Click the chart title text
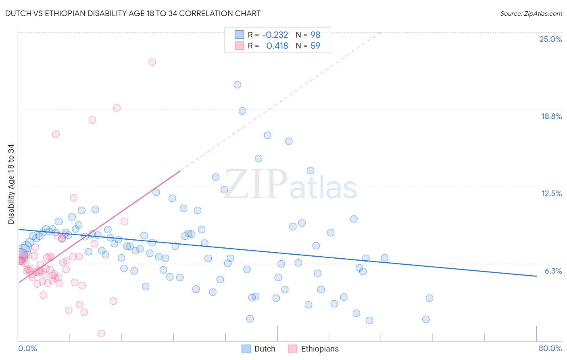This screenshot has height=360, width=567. [133, 13]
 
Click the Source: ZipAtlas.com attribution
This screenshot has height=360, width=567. [531, 13]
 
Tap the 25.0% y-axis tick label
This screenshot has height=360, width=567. [550, 39]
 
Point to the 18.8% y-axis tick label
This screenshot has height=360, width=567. [551, 116]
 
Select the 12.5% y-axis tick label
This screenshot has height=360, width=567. [551, 193]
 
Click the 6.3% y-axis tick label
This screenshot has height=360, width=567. [553, 271]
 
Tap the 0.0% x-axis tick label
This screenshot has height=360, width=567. [27, 348]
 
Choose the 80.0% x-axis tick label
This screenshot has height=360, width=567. [550, 348]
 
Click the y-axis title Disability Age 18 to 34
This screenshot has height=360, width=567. [11, 184]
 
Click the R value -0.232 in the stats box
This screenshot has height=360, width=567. [275, 35]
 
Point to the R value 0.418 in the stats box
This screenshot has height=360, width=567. [277, 46]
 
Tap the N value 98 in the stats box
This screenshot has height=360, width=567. [315, 35]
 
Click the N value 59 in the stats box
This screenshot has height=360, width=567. [315, 46]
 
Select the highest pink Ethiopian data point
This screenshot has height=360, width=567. [152, 62]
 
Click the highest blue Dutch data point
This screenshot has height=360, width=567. [238, 85]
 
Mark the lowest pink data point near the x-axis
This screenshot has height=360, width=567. [101, 333]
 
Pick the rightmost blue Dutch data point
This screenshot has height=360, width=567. [429, 298]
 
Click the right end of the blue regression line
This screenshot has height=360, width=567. [536, 276]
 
